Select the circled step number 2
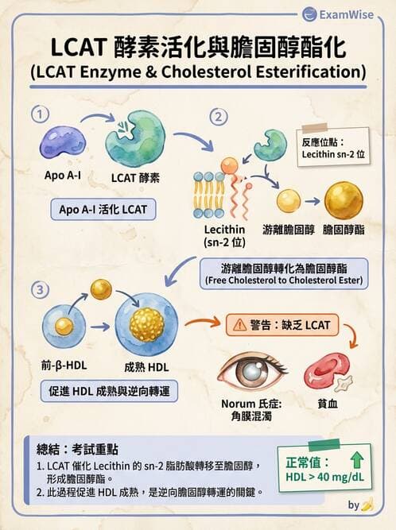pyautogui.click(x=217, y=117)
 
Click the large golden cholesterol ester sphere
pyautogui.click(x=344, y=200)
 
